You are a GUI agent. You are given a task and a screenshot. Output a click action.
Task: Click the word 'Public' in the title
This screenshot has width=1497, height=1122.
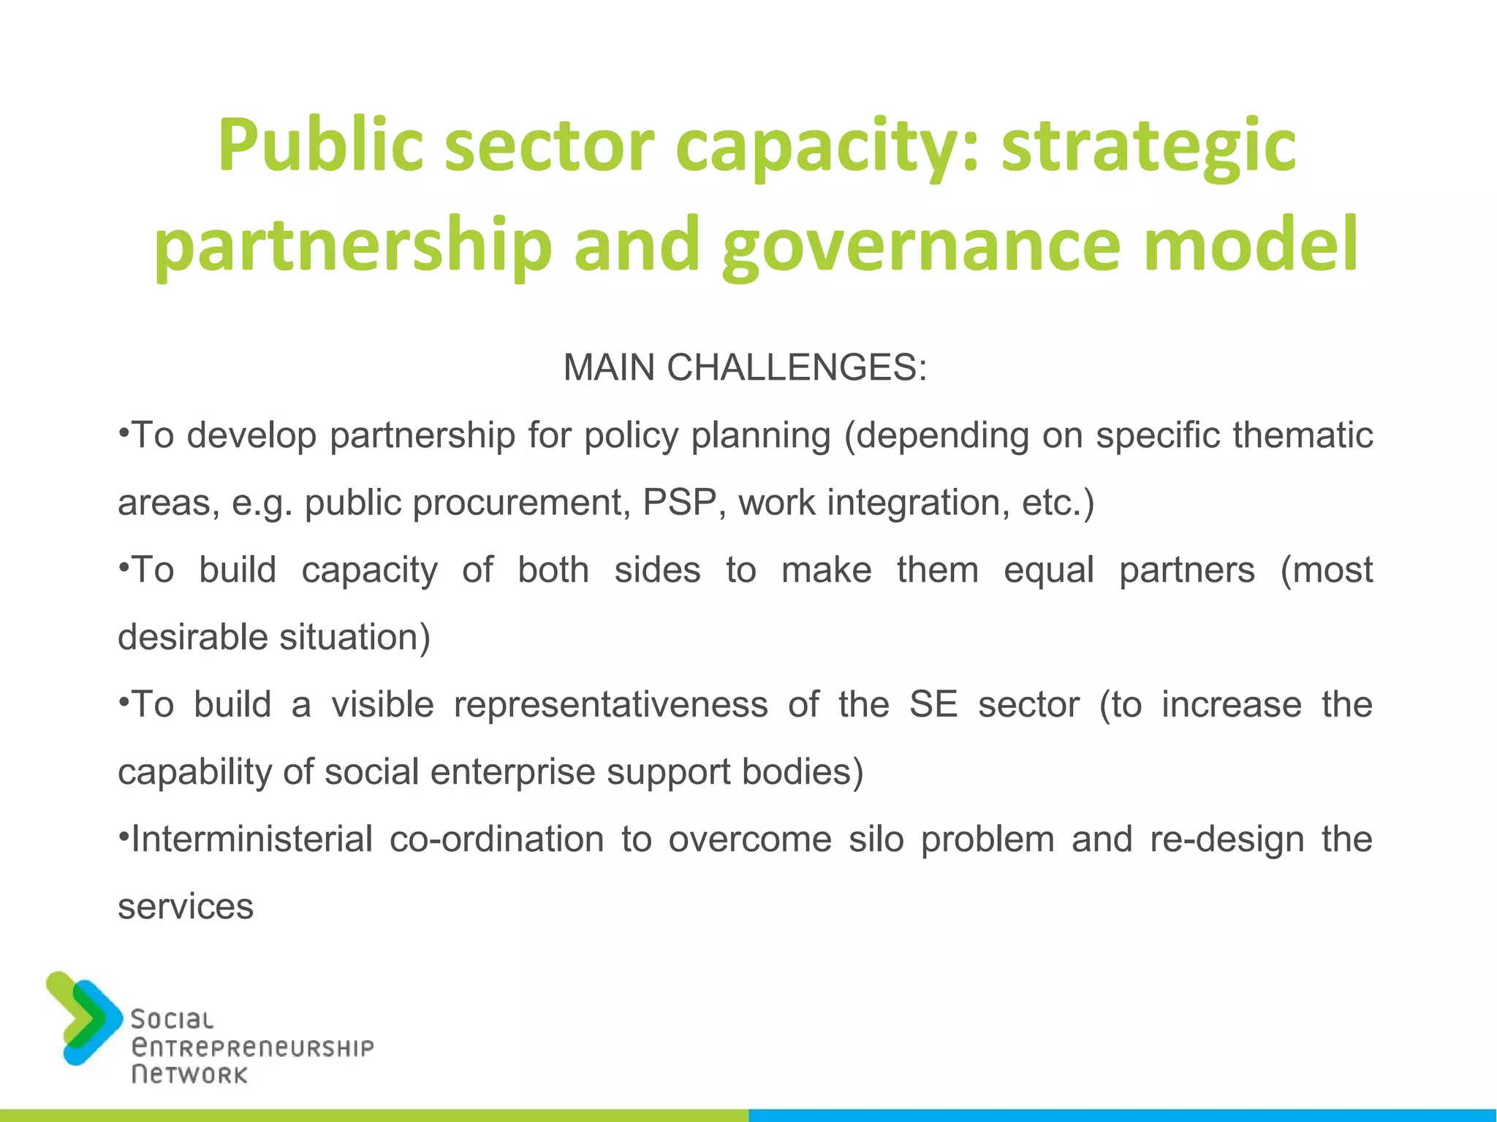tap(320, 146)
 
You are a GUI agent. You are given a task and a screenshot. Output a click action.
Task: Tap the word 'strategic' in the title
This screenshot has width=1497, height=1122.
tap(1148, 146)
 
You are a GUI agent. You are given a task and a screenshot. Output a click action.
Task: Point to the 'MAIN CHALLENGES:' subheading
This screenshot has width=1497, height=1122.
tap(745, 367)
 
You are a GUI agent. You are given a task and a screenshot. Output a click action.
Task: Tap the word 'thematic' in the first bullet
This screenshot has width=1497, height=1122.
tap(1303, 435)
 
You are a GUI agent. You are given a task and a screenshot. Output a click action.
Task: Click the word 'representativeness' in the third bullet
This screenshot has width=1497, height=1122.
tap(610, 705)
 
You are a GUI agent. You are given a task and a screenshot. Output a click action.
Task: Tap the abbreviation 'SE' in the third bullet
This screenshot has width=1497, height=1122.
tap(933, 705)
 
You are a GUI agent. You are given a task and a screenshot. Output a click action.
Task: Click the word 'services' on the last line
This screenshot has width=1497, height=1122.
tap(186, 907)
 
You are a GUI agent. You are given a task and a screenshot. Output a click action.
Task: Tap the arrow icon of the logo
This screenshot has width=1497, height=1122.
tap(83, 1018)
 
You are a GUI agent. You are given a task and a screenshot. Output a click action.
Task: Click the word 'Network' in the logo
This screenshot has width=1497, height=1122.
tap(189, 1075)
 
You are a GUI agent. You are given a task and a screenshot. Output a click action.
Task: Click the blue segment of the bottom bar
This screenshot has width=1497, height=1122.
tap(1123, 1115)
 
